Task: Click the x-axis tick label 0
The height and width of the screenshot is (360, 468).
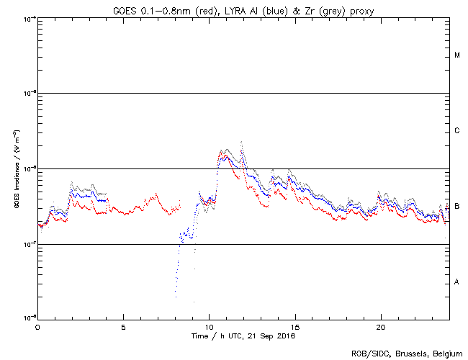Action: (x=37, y=326)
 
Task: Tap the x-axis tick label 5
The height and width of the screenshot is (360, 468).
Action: (x=123, y=326)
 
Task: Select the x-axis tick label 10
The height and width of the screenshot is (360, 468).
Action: (x=209, y=326)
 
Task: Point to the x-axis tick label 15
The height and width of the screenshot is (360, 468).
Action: (x=294, y=326)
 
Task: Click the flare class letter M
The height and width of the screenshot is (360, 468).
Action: (x=457, y=55)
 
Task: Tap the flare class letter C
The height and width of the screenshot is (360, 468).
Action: (x=457, y=131)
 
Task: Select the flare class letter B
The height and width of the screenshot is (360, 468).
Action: (x=457, y=207)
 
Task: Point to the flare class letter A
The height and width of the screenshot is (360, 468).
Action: (x=457, y=282)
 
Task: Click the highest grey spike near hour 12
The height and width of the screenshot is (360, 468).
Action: (x=241, y=142)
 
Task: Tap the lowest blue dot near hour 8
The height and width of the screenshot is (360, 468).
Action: (x=175, y=297)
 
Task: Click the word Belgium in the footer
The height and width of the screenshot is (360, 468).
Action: (x=446, y=354)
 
